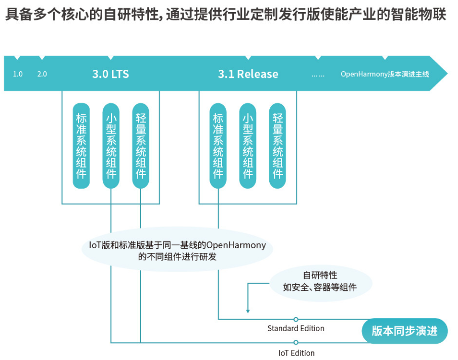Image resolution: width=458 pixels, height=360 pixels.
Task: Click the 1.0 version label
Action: (18, 74)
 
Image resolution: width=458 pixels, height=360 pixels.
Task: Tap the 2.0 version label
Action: (42, 74)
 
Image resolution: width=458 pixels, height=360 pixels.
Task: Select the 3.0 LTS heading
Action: (110, 74)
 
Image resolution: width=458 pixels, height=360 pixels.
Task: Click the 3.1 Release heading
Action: (248, 74)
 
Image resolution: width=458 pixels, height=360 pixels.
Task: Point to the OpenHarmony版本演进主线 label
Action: (385, 74)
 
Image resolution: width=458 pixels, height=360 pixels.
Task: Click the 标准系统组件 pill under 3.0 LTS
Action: (81, 146)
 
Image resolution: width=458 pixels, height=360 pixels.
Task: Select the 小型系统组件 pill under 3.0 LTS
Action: (111, 146)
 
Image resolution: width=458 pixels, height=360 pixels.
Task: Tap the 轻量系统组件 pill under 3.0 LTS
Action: (141, 146)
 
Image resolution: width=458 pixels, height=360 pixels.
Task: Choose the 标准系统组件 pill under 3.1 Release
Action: (218, 146)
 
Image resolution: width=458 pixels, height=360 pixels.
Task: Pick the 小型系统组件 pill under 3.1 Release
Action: (247, 146)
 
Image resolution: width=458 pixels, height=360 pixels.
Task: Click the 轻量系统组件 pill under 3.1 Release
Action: (277, 146)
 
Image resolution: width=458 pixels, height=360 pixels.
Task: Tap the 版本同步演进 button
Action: (404, 331)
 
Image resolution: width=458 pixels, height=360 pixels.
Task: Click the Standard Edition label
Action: (296, 329)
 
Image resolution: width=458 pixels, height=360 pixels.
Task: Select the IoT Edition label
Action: (296, 353)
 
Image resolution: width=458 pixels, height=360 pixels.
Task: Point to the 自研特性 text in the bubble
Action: (320, 276)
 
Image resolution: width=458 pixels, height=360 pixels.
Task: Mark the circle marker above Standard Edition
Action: (296, 319)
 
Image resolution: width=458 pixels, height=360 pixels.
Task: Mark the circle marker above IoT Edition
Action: (296, 343)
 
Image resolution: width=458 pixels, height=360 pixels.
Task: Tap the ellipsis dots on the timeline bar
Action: (318, 74)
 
